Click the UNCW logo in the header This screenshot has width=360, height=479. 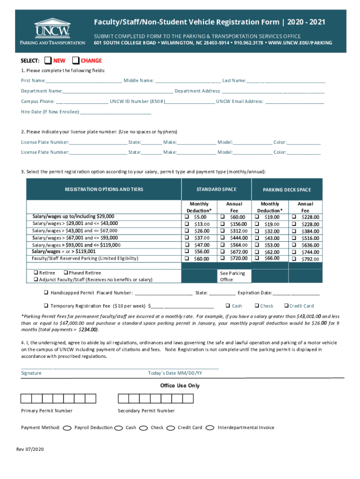pyautogui.click(x=52, y=31)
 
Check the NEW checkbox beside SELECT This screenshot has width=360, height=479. pyautogui.click(x=48, y=60)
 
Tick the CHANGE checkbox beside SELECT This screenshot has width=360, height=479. pyautogui.click(x=76, y=60)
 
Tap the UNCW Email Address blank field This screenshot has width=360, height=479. pyautogui.click(x=295, y=102)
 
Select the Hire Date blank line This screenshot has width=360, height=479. pyautogui.click(x=116, y=113)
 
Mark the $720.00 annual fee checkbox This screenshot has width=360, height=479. pyautogui.click(x=223, y=258)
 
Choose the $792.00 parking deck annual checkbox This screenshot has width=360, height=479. pyautogui.click(x=294, y=259)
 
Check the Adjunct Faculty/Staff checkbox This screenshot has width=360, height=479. pyautogui.click(x=35, y=280)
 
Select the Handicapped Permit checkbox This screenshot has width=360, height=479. pyautogui.click(x=46, y=293)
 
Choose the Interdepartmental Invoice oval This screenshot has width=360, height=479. pyautogui.click(x=210, y=428)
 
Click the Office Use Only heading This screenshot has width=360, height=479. pyautogui.click(x=180, y=385)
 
